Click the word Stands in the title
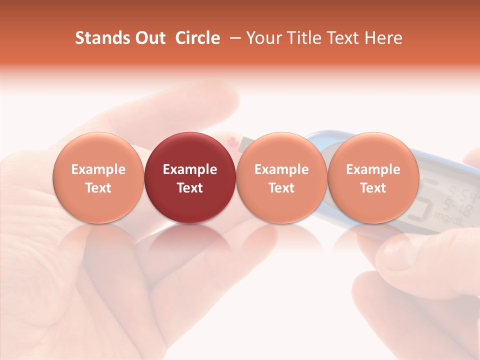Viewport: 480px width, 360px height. (x=100, y=38)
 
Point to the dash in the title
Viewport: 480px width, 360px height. (x=233, y=38)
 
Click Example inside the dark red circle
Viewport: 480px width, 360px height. (x=190, y=169)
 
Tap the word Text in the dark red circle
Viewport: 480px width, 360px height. (x=190, y=188)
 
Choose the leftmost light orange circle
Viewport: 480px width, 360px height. (x=98, y=177)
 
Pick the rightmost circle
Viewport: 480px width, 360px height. (x=373, y=177)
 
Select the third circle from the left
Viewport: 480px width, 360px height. (x=281, y=177)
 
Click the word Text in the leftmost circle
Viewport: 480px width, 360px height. (x=98, y=188)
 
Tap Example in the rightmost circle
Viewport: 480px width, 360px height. (x=373, y=169)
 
